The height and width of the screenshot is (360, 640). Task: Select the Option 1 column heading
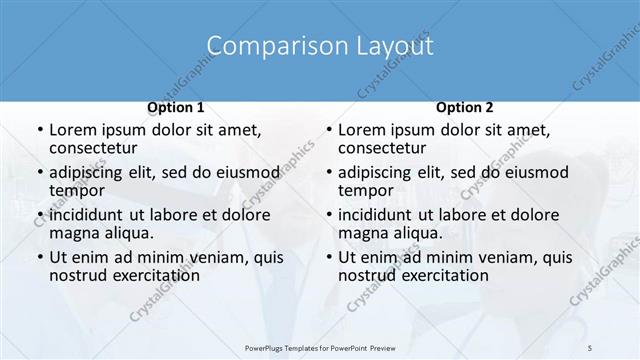tap(175, 107)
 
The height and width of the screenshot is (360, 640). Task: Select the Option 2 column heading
tap(464, 107)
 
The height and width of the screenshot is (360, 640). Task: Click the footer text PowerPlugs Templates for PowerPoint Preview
tap(319, 347)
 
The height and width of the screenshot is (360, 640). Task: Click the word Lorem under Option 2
tap(361, 130)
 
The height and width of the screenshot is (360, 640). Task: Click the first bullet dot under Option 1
tap(39, 131)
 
